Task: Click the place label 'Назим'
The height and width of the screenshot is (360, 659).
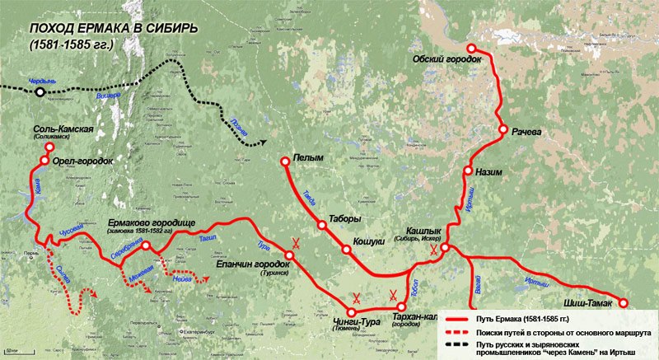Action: pyautogui.click(x=491, y=173)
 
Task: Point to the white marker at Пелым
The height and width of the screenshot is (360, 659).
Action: pyautogui.click(x=284, y=161)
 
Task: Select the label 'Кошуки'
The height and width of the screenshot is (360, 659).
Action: pyautogui.click(x=369, y=241)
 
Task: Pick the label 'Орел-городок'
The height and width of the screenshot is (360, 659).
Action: pyautogui.click(x=82, y=161)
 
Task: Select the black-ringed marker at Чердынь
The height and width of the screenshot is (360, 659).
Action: pyautogui.click(x=40, y=92)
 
